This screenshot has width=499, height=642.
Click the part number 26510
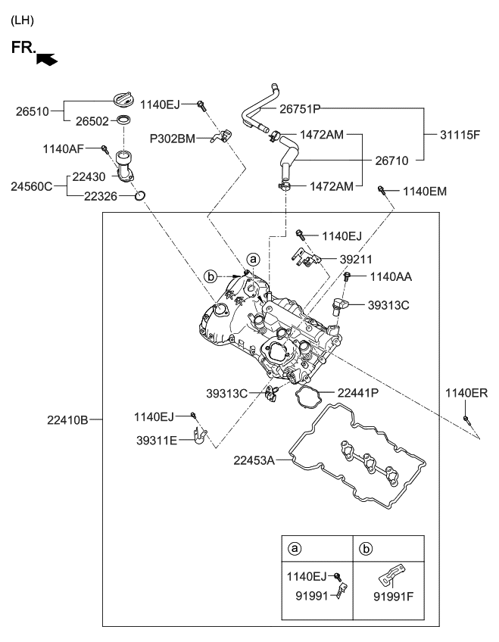33,111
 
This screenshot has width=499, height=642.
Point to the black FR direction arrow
46,57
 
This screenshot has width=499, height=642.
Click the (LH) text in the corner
23,20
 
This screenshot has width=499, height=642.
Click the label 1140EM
425,192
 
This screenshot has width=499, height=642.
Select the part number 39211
356,259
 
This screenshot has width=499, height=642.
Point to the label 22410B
69,419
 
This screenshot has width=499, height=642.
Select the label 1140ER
466,393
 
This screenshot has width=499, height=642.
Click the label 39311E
157,440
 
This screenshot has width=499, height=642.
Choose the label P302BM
171,139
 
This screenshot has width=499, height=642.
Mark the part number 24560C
33,185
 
